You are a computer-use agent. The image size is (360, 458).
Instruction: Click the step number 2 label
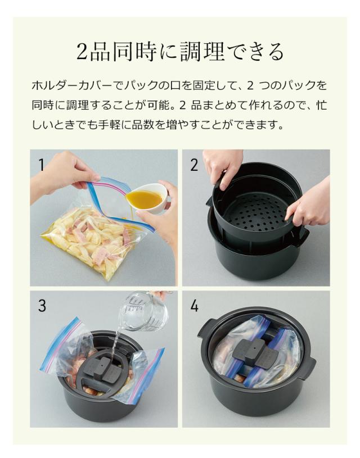tap(194, 165)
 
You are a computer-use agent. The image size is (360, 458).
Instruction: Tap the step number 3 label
tap(42, 306)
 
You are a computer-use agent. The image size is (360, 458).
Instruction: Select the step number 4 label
tap(194, 306)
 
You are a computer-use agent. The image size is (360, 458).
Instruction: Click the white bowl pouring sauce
tap(151, 198)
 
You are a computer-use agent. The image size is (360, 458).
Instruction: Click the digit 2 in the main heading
tap(82, 52)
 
